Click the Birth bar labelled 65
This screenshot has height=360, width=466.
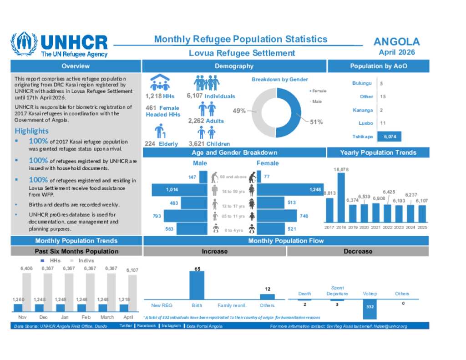(197, 285)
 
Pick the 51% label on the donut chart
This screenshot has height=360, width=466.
(316, 122)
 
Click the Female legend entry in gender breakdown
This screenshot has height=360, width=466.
(319, 91)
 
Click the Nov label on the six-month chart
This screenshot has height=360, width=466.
(22, 316)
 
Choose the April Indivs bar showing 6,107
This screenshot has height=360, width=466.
(132, 294)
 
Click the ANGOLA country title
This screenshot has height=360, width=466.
(396, 42)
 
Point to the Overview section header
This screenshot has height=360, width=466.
(76, 66)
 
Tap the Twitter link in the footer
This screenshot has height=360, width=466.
(126, 326)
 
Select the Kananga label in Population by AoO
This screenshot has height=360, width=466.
(363, 110)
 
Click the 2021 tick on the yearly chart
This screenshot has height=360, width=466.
(376, 227)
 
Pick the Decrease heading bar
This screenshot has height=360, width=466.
(358, 251)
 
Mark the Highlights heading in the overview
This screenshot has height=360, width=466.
(32, 131)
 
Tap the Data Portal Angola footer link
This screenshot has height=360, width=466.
(204, 326)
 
